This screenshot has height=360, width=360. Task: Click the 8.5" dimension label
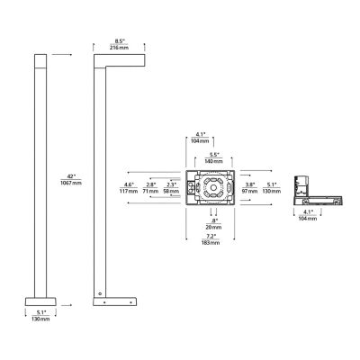pyautogui.click(x=120, y=40)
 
